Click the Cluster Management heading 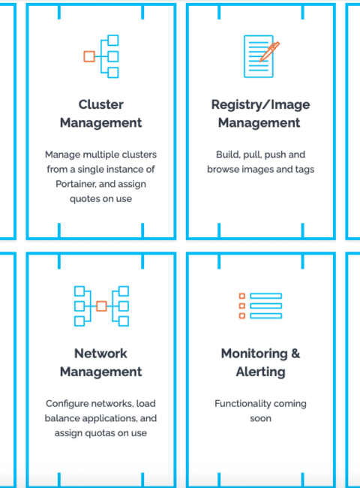coord(100,113)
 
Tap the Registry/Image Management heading coord(260,113)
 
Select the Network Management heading coord(100,363)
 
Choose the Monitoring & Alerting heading coord(260,363)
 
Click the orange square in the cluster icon coord(89,56)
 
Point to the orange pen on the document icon coord(269,51)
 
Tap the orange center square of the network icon coord(101,306)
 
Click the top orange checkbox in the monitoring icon coord(241,296)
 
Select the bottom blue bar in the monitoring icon coord(266,316)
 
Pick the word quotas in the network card coord(89,433)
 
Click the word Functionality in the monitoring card coord(238,404)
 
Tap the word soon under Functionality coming coord(260,418)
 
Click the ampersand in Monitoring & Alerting coord(295,354)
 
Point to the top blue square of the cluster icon coord(113,40)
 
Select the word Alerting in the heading coord(260,372)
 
